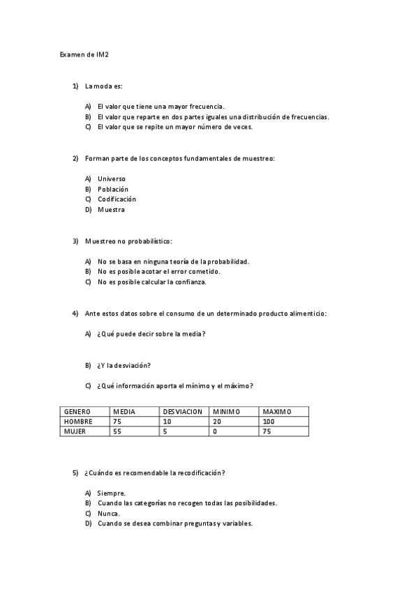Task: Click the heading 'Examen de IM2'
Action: [84, 53]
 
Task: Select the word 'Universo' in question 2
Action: [112, 178]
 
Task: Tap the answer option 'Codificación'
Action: [117, 199]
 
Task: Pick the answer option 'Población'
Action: [113, 189]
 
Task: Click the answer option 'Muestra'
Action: [111, 210]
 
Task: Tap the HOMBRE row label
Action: [78, 422]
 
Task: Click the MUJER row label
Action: [75, 431]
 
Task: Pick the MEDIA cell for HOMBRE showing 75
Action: [117, 422]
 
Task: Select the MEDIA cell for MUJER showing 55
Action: [117, 431]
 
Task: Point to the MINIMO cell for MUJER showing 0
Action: [215, 431]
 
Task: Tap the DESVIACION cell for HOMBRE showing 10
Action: [167, 422]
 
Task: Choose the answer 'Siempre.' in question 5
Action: [112, 493]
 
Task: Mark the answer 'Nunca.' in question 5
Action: [109, 513]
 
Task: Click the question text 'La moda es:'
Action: [103, 86]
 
